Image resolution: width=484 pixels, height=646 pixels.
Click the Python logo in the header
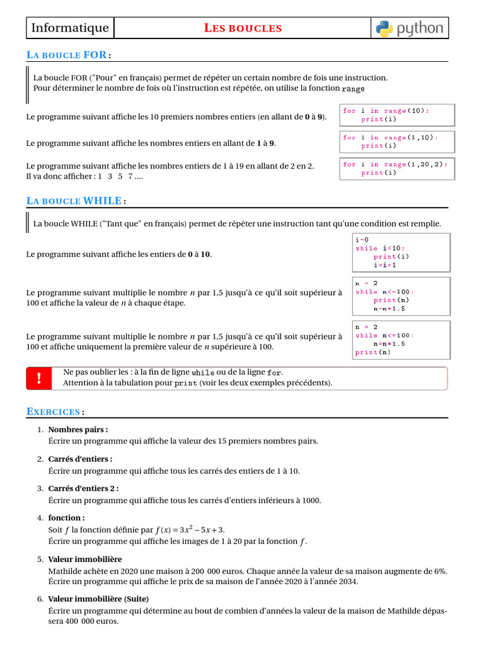(410, 28)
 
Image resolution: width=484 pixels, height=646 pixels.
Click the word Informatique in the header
(70, 28)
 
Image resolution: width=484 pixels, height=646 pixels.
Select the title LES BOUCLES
(243, 28)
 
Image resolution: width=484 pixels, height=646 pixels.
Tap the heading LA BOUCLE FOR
(67, 55)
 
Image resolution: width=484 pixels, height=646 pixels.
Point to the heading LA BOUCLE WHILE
(74, 201)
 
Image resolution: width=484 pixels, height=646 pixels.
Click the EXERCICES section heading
(54, 411)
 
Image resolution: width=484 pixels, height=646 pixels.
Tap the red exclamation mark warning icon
(39, 378)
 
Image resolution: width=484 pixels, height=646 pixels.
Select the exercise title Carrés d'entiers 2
(83, 488)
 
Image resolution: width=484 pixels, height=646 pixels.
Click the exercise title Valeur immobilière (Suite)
(98, 599)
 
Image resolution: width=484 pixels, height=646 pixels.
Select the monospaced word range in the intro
(353, 89)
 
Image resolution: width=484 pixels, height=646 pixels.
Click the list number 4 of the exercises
(40, 518)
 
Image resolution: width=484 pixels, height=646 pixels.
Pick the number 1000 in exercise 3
(311, 500)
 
